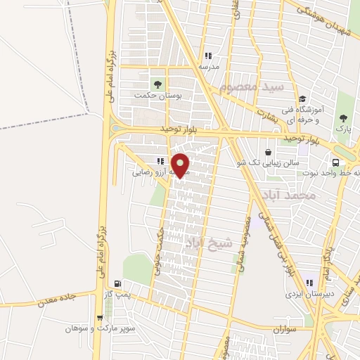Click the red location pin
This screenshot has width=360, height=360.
point(181,165)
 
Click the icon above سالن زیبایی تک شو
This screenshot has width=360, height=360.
point(268,152)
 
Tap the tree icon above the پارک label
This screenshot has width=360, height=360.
point(343,117)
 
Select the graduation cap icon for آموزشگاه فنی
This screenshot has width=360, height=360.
point(302,98)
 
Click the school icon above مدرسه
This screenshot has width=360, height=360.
point(207,56)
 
